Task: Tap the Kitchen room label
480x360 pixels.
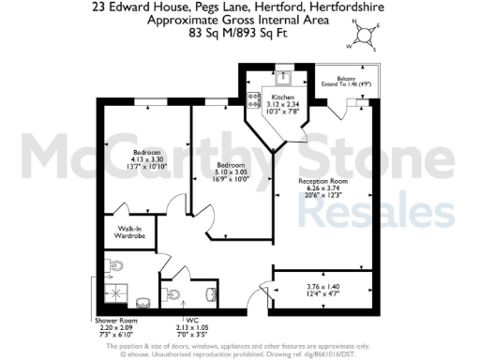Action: (x=283, y=97)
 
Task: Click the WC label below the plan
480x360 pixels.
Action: (x=188, y=321)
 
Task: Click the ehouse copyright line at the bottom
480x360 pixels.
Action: (x=240, y=354)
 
